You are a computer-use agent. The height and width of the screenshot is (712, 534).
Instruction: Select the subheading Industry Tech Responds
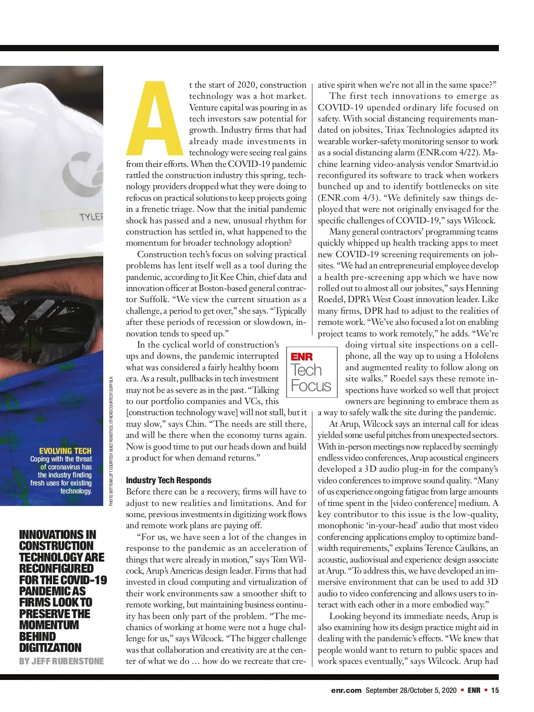[169, 480]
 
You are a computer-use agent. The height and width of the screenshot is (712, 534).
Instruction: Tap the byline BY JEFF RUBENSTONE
[61, 661]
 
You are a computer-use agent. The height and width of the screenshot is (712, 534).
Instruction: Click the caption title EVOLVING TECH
[65, 451]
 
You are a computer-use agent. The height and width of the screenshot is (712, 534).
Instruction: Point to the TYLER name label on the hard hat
[91, 217]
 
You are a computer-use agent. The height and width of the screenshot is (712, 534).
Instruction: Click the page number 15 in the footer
[495, 690]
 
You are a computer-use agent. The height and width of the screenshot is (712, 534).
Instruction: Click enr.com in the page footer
[346, 690]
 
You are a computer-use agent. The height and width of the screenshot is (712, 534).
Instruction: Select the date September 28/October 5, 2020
[411, 690]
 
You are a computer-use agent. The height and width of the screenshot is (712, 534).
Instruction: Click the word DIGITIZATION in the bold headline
[50, 647]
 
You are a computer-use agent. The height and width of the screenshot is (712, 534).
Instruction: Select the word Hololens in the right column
[481, 356]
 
